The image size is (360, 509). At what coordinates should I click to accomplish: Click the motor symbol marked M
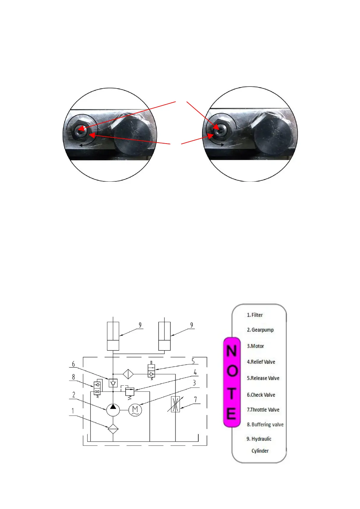coord(135,410)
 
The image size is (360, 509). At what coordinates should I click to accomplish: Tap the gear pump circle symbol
coord(113,410)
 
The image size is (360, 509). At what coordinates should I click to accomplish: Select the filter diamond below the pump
coord(113,429)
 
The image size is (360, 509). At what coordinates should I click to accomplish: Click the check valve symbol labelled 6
coord(113,383)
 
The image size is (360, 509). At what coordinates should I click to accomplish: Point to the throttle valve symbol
coord(175,404)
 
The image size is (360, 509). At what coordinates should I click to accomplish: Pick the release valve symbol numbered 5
coord(151,371)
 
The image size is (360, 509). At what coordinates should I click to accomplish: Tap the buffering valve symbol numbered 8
coord(97,388)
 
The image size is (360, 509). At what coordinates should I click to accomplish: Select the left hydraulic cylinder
coord(113,336)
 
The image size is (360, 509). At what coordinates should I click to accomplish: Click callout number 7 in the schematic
coord(195,400)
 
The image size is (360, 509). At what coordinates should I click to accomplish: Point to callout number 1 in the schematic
coord(73,411)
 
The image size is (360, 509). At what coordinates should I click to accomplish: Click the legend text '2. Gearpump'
coord(260,330)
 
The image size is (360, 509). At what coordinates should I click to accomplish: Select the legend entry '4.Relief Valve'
coord(261,362)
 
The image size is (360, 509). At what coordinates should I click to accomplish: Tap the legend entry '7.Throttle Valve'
coord(263,410)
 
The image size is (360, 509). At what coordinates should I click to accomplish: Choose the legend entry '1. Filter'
coord(255,315)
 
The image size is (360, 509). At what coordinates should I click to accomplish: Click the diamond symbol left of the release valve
coord(128,374)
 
